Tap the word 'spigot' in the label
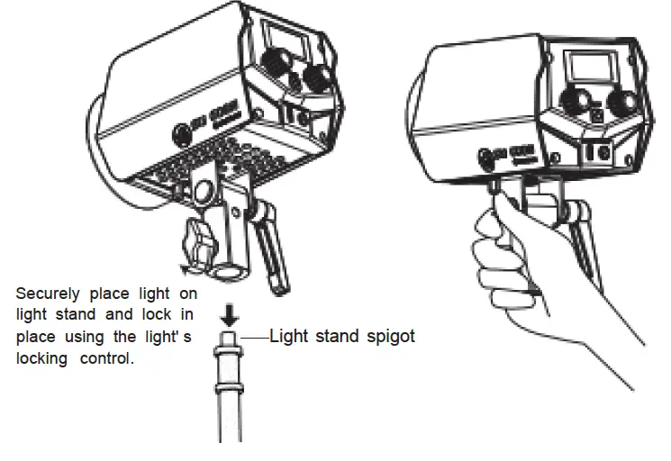pyautogui.click(x=388, y=337)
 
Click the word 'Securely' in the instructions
pyautogui.click(x=46, y=294)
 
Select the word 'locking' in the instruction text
pyautogui.click(x=41, y=357)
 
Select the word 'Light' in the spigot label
pyautogui.click(x=287, y=337)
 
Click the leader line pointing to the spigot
pyautogui.click(x=254, y=338)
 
